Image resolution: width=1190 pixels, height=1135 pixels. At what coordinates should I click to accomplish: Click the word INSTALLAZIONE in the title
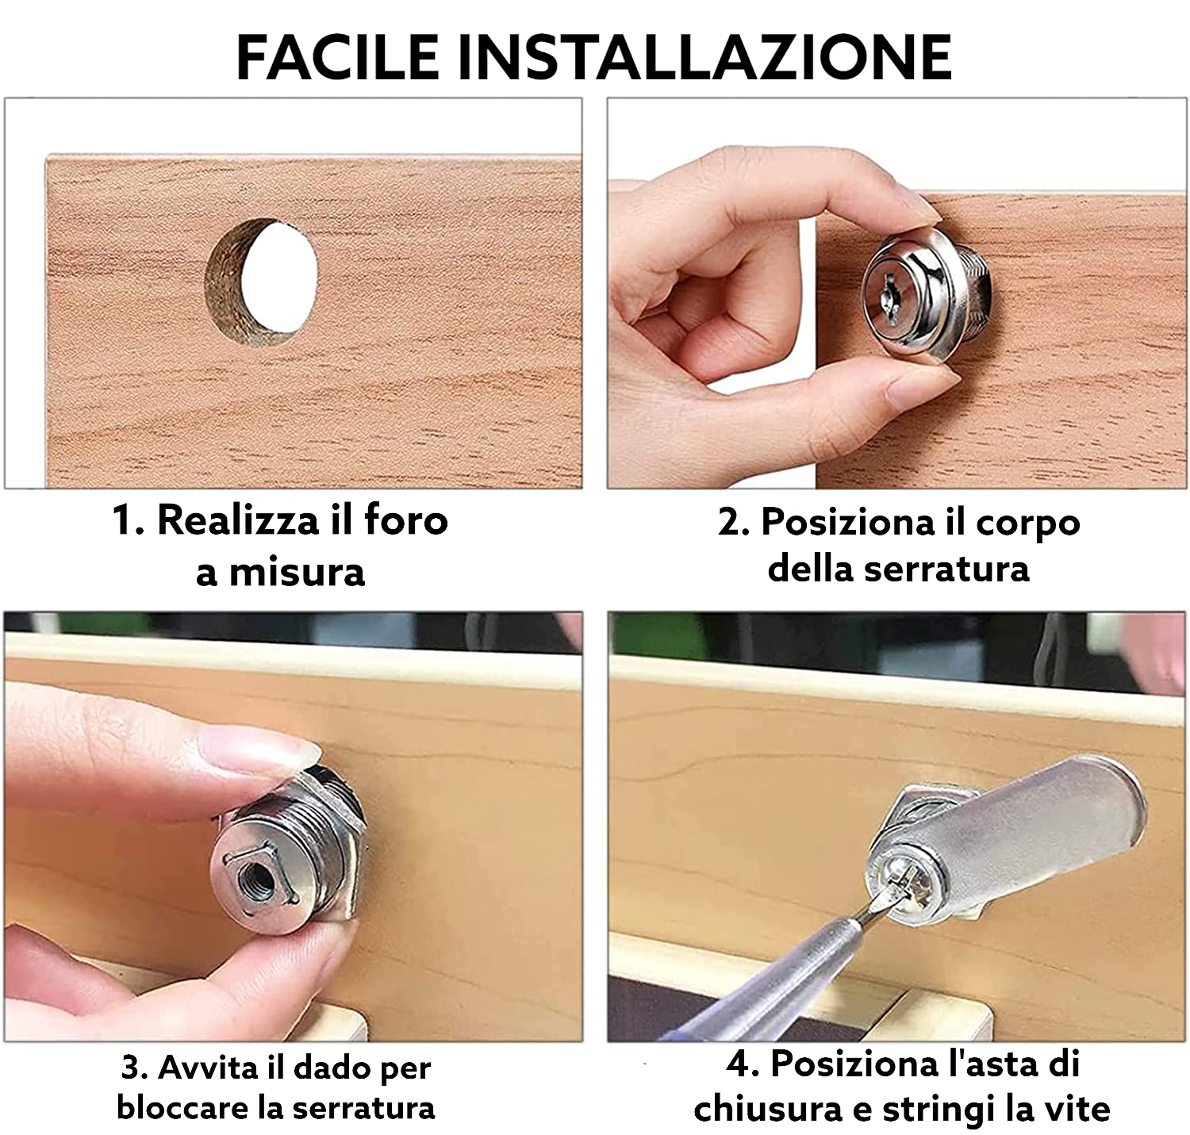coord(704,57)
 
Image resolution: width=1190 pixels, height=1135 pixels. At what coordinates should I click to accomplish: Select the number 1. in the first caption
coord(129,521)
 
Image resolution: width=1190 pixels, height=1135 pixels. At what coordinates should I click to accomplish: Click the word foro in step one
coord(405,521)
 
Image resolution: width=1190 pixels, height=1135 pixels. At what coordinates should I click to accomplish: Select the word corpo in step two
coord(1027,523)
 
